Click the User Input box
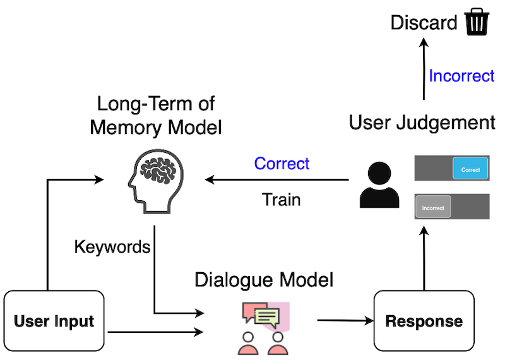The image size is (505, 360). (x=54, y=320)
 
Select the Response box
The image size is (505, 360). (x=424, y=320)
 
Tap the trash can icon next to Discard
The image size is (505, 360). (x=477, y=23)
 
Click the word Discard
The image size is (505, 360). (x=424, y=24)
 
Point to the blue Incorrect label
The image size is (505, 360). (x=461, y=76)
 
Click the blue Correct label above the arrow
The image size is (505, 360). (x=282, y=164)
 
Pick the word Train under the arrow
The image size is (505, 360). (x=281, y=200)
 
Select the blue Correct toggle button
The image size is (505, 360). (x=470, y=169)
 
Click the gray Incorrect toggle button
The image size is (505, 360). (x=433, y=207)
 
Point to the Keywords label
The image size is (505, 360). (x=112, y=246)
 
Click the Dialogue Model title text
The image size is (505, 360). (x=264, y=280)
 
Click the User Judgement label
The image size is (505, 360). (x=422, y=123)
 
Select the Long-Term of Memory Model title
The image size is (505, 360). (x=156, y=116)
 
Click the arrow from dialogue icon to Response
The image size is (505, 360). (x=344, y=320)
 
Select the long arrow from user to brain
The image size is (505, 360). (x=278, y=181)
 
